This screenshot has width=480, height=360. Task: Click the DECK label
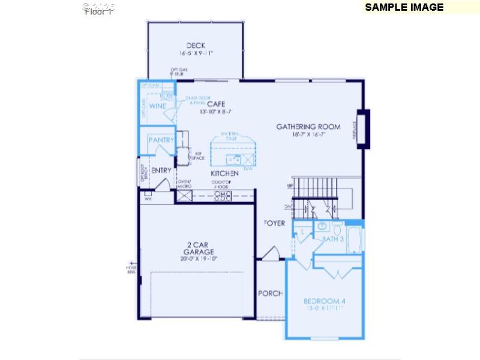coord(196,45)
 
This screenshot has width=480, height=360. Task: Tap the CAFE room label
coord(216,104)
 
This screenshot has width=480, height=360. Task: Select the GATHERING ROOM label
coord(308,127)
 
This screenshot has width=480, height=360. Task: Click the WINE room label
coord(158,106)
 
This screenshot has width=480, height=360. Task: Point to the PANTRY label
coord(161,140)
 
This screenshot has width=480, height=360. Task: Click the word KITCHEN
coord(225,173)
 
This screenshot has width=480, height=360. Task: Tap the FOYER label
coord(275,223)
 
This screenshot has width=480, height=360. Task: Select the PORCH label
coord(270,293)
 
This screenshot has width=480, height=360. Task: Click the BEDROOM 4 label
coord(325,301)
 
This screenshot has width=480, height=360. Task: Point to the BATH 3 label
coord(333,239)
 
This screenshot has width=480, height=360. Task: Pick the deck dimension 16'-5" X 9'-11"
coord(196,53)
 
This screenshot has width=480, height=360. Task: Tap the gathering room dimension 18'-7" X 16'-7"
coord(308,135)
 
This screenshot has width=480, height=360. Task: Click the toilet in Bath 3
coord(337,229)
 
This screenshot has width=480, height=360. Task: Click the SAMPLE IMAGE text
coord(404,7)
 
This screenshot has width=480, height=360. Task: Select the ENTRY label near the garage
coord(161,170)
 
